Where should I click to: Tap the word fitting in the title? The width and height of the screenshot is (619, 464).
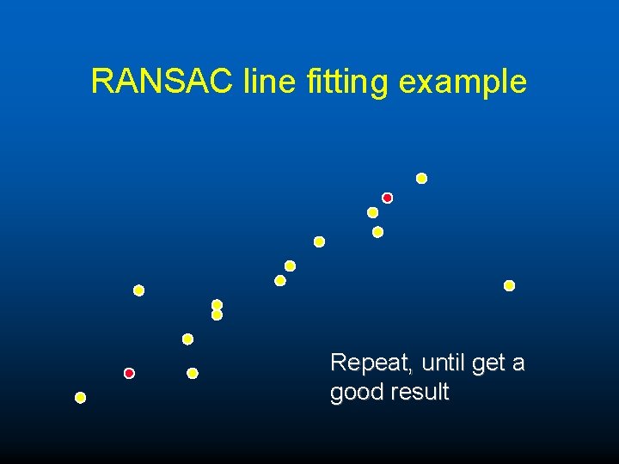pos(347,82)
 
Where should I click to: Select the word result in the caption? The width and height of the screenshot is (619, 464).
pos(420,392)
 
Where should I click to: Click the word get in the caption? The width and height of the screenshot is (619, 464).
pos(488,364)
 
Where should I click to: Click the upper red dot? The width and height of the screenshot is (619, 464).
pos(387,198)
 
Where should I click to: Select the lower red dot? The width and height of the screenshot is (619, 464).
pos(129,373)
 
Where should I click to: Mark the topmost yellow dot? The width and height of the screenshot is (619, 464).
pos(421,179)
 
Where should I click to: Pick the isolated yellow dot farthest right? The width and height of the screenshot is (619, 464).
pos(509,285)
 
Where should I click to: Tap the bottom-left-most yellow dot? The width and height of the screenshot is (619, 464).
pos(81,398)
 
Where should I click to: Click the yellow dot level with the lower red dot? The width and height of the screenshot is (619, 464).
pos(193,373)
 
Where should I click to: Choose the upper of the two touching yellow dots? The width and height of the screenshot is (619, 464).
pos(217,304)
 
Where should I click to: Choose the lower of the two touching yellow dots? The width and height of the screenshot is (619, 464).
pos(217,315)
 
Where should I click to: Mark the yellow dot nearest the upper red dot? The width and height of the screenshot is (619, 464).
pos(372,212)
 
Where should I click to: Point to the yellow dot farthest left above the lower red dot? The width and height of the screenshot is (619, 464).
pos(138,290)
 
